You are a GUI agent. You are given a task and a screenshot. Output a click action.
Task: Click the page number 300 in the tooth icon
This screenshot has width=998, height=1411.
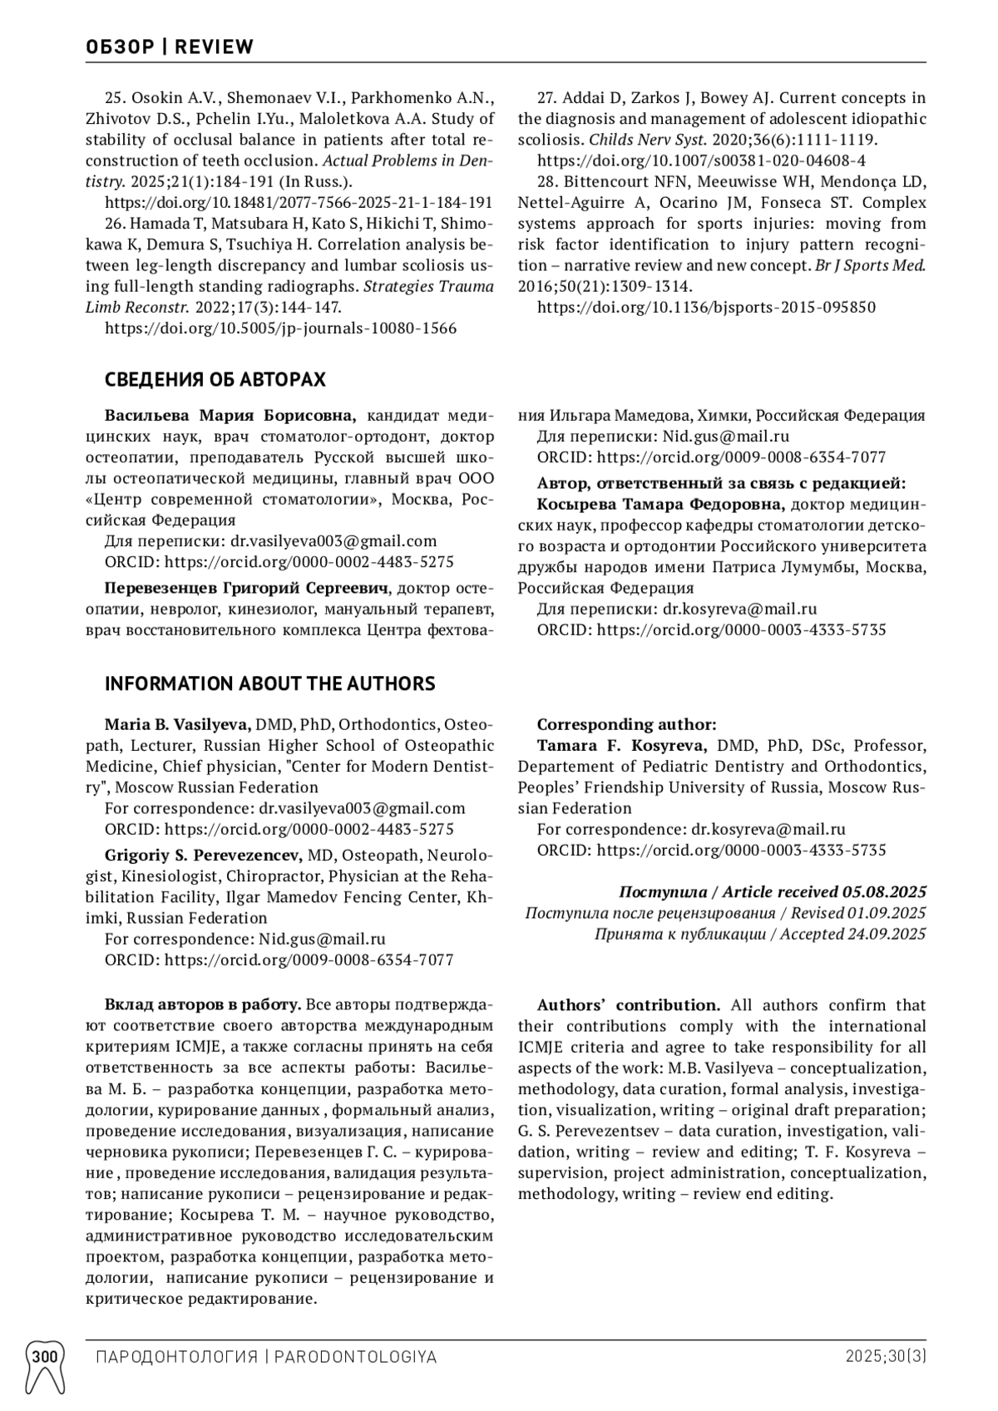pos(45,1357)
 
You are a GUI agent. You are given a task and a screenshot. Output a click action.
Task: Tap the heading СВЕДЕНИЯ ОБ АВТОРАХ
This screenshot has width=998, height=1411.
pos(215,380)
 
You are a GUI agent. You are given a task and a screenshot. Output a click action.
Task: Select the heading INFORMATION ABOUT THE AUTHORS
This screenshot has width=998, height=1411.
pos(269,683)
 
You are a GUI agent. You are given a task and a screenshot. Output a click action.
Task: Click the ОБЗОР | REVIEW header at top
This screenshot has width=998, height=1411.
pos(170,47)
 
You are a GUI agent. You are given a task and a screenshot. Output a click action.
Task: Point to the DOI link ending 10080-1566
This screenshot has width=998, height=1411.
pos(281,328)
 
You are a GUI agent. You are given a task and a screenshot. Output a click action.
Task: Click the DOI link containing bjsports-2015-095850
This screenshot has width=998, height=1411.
pos(706,308)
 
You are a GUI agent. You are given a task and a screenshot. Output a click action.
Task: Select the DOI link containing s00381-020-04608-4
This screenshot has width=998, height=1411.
pos(701,160)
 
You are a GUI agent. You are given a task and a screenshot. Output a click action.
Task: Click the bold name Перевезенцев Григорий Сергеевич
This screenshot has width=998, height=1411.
pos(247,589)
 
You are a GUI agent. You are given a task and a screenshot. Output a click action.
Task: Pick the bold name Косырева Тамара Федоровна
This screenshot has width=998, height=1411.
pos(660,504)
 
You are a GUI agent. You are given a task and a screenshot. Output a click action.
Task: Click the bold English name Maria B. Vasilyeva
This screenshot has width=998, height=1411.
pos(177,724)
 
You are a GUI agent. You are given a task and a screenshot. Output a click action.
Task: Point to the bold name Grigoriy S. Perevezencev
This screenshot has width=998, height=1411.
pos(203,855)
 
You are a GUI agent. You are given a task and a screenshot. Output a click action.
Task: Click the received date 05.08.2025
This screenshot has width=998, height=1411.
pos(884,892)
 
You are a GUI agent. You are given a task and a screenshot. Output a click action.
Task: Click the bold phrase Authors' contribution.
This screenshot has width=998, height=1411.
pos(628,1005)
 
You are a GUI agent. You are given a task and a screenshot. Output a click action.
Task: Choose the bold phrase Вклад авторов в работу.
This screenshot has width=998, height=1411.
pos(203,1005)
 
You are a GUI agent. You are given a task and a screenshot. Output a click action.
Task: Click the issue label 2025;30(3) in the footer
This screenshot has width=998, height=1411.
pos(886,1357)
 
